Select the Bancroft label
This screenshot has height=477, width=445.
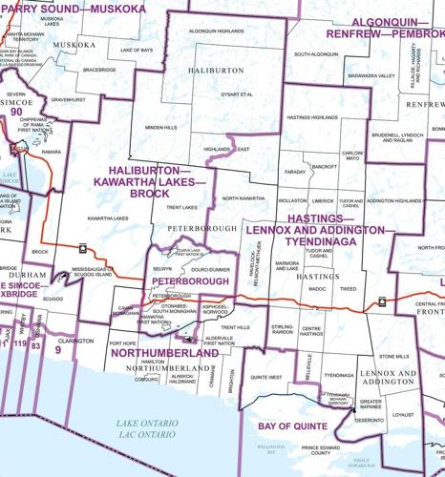[x=324, y=166]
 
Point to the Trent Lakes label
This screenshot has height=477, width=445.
[x=181, y=207]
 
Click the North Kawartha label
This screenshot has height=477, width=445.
[x=244, y=197]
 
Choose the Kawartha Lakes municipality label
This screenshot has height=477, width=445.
[x=108, y=218]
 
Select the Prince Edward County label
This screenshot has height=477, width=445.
[x=324, y=451]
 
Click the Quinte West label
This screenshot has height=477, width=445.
[x=265, y=378]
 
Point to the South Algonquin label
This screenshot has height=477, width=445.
[x=317, y=54]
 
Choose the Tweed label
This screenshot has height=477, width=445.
[x=349, y=287]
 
